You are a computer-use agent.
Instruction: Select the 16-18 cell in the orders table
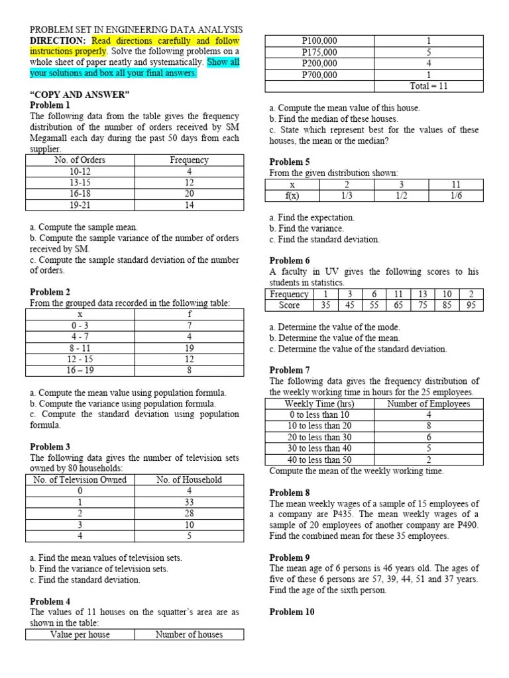pyautogui.click(x=80, y=193)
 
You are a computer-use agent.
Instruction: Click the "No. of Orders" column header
pyautogui.click(x=80, y=160)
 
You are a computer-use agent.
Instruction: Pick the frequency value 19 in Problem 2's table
pyautogui.click(x=189, y=348)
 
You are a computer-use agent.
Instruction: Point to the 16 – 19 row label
pyautogui.click(x=80, y=370)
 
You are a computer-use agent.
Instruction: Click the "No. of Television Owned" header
pyautogui.click(x=80, y=480)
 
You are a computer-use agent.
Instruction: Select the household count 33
pyautogui.click(x=189, y=503)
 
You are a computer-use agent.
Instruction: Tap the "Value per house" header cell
pyautogui.click(x=80, y=635)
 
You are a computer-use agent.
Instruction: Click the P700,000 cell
pyautogui.click(x=319, y=75)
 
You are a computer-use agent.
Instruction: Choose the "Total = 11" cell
pyautogui.click(x=429, y=86)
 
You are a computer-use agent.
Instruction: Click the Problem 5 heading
pyautogui.click(x=290, y=162)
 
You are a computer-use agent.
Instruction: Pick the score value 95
pyautogui.click(x=471, y=305)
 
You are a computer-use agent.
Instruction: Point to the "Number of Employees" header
pyautogui.click(x=429, y=404)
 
